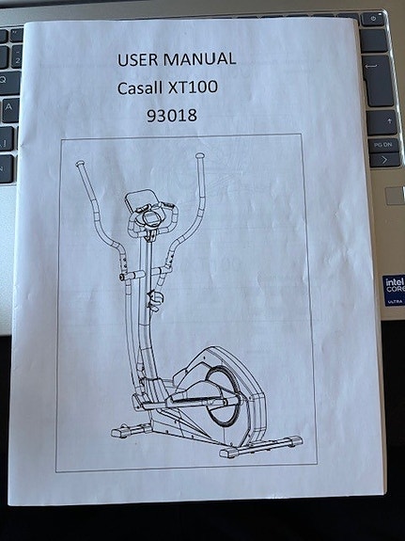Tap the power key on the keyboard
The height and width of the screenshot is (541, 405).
pos(375,19)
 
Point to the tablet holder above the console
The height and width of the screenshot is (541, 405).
pos(143,199)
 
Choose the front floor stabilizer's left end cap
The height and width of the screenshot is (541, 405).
pos(117,433)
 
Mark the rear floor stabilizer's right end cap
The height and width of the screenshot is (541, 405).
pos(294,439)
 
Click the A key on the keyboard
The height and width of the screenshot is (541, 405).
pos(10,105)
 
